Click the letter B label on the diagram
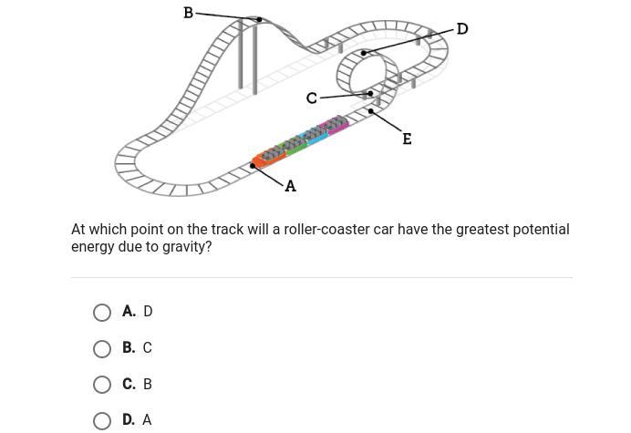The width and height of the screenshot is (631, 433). click(x=189, y=13)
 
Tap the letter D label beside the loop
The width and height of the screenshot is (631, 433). click(x=462, y=29)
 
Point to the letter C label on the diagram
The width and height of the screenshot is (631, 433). click(x=312, y=98)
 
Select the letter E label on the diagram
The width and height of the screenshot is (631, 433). click(x=407, y=139)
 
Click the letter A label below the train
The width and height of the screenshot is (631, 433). click(x=290, y=186)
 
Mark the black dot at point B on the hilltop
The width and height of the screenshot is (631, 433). click(x=260, y=19)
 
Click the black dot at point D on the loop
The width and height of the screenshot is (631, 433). click(x=364, y=53)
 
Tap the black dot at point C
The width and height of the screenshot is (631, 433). click(x=370, y=94)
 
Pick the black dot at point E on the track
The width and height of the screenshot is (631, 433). click(x=370, y=110)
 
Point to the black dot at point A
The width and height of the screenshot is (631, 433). click(x=253, y=166)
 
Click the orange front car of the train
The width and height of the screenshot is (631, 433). click(x=269, y=158)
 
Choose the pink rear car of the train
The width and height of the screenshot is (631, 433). click(x=336, y=124)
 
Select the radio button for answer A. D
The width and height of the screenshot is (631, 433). click(x=102, y=313)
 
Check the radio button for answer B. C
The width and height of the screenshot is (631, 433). click(x=102, y=348)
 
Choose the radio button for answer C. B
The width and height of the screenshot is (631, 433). click(x=102, y=385)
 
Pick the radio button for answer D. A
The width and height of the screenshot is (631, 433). click(x=102, y=420)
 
